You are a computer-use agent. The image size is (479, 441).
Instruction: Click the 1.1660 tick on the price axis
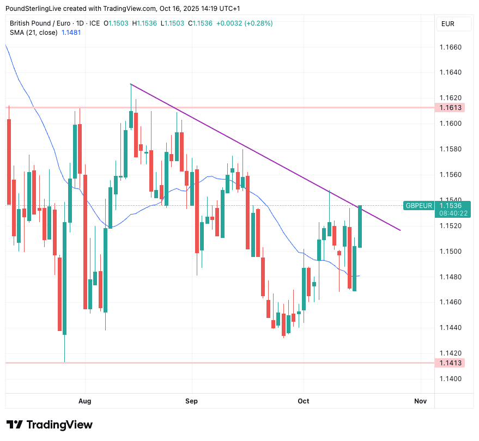[x=450, y=47]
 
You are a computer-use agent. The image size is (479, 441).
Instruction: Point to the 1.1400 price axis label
[x=450, y=379]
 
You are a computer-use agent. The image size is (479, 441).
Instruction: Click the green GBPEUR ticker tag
[x=419, y=205]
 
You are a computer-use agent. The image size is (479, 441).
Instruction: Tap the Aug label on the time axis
[x=85, y=401]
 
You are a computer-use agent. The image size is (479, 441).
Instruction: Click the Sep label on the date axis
[x=191, y=401]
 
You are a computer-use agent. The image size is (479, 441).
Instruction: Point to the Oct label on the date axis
[x=303, y=401]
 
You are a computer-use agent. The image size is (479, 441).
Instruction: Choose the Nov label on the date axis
[x=420, y=401]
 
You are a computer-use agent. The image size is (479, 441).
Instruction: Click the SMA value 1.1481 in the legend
[x=71, y=33]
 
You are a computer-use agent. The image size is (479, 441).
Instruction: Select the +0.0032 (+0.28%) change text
[x=244, y=23]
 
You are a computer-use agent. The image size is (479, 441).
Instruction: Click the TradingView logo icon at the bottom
[x=15, y=425]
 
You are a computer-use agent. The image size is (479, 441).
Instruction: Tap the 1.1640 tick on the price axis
[x=450, y=72]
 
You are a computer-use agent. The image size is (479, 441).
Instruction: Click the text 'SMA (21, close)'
[x=33, y=33]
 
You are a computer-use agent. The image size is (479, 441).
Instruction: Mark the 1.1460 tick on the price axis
[x=450, y=302]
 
